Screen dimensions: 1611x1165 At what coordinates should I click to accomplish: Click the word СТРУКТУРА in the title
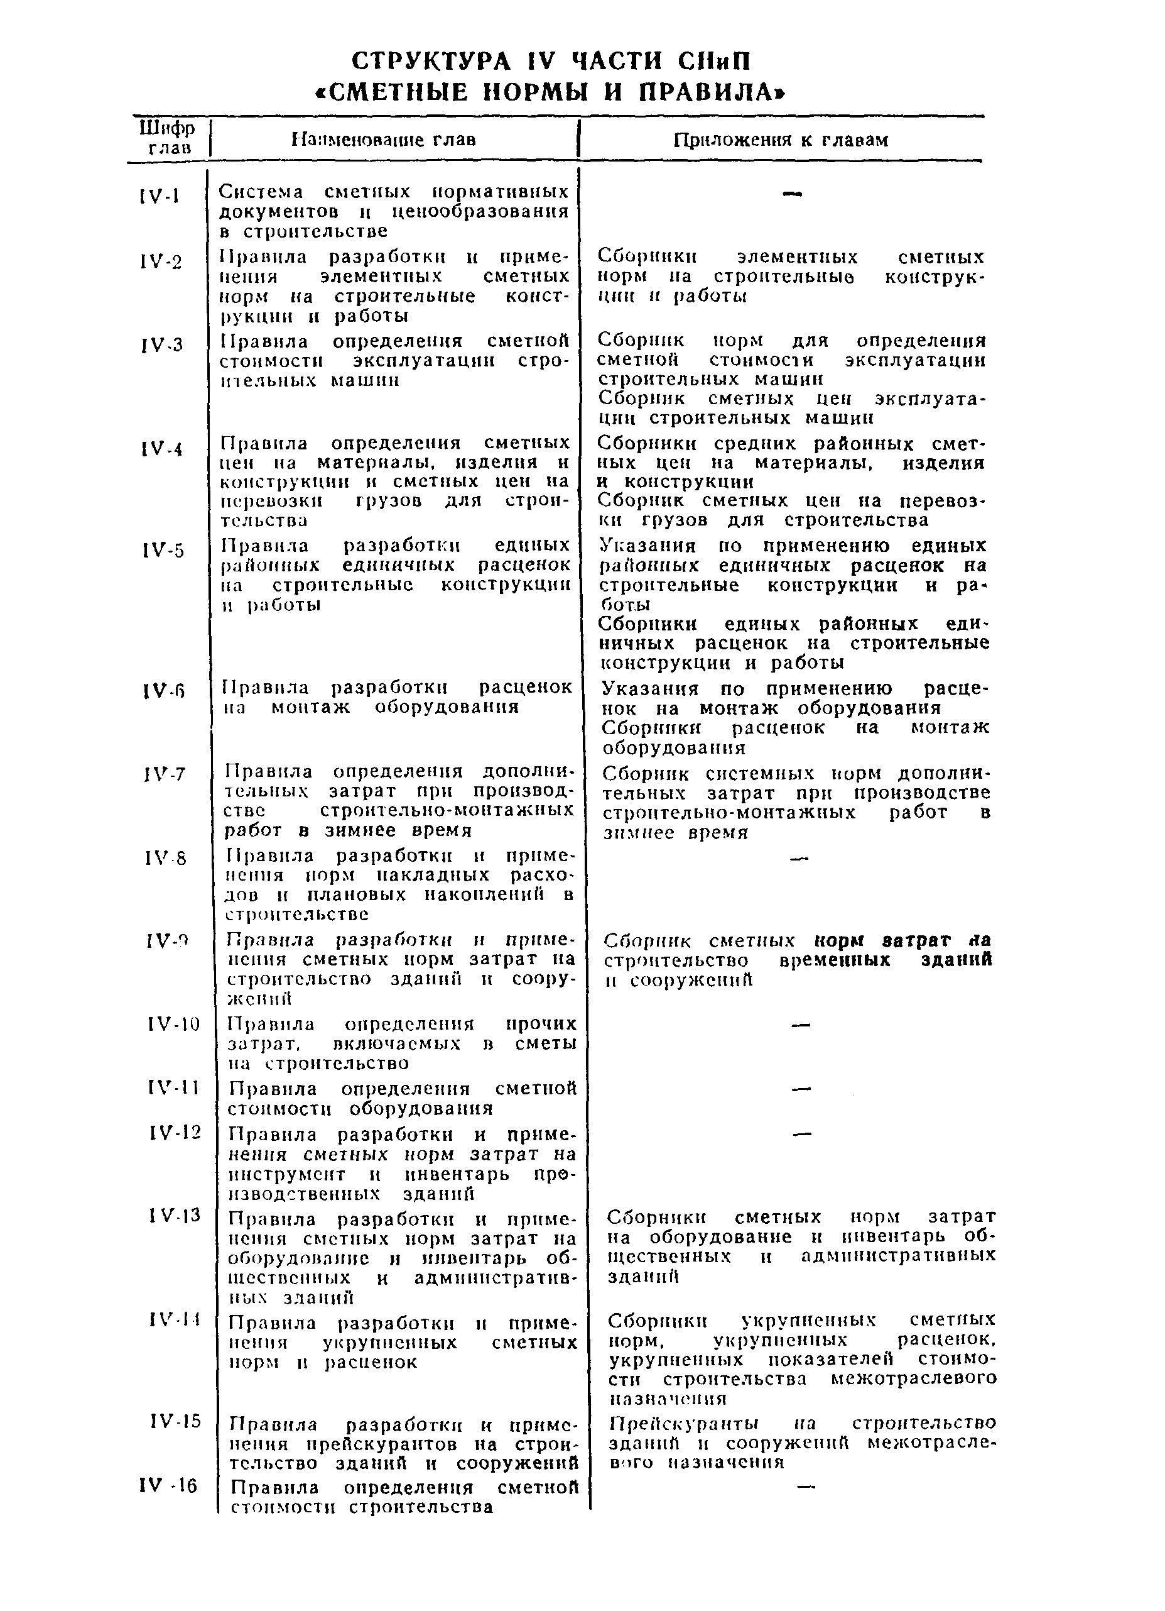pyautogui.click(x=431, y=62)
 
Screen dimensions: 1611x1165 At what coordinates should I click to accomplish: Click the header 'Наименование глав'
pyautogui.click(x=383, y=139)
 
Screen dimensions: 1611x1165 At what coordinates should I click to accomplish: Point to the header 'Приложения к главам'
pyautogui.click(x=780, y=140)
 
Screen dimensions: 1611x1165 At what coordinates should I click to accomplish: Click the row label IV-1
pyautogui.click(x=160, y=195)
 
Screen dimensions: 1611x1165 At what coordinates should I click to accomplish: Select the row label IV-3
pyautogui.click(x=161, y=345)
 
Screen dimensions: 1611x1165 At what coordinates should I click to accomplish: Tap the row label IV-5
pyautogui.click(x=163, y=551)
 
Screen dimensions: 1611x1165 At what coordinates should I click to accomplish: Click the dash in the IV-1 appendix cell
pyautogui.click(x=791, y=194)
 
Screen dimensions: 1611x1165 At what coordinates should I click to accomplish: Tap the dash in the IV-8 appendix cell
pyautogui.click(x=799, y=859)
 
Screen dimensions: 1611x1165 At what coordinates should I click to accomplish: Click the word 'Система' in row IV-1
pyautogui.click(x=261, y=192)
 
